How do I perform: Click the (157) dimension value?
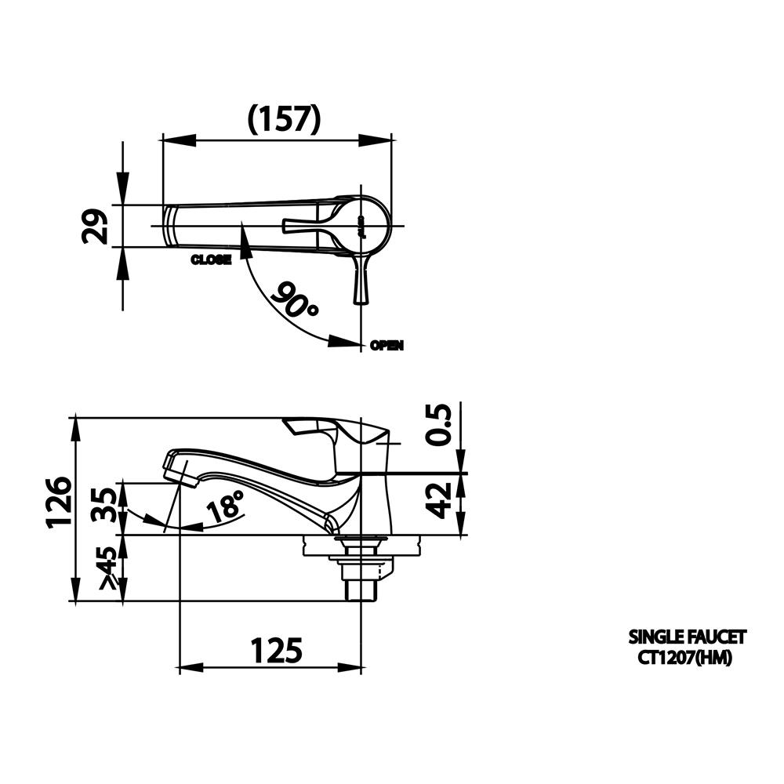click(284, 118)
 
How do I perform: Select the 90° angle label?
click(295, 302)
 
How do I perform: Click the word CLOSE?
click(211, 260)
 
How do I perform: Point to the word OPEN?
click(387, 345)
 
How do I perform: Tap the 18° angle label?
click(226, 509)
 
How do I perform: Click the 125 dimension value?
click(276, 651)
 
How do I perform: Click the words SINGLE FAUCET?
click(688, 636)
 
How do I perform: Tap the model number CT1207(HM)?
click(684, 659)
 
